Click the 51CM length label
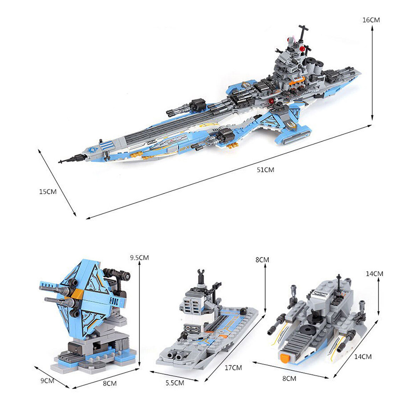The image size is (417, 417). coord(266,170)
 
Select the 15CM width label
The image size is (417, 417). coord(48,192)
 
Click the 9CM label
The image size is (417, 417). coord(47,380)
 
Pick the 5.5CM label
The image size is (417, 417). coord(175,382)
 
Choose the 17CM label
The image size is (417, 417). coord(234,367)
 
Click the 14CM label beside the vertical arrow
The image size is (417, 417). coord(374,274)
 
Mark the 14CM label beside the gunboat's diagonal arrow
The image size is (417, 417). coord(363,357)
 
